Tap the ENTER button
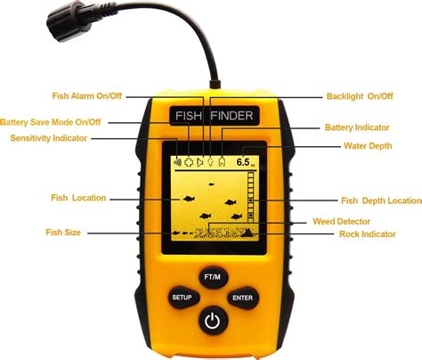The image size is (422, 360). (242, 297)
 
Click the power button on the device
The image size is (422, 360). (212, 320)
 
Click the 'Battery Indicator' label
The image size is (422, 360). (361, 127)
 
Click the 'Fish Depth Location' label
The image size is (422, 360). (381, 201)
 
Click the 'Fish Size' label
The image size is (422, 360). (63, 232)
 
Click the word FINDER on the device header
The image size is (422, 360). (231, 115)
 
